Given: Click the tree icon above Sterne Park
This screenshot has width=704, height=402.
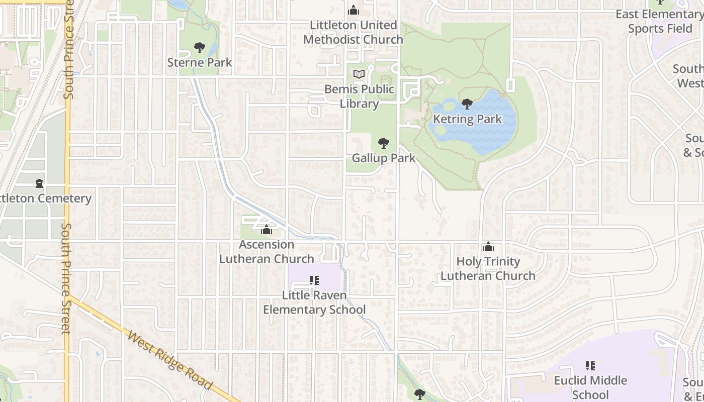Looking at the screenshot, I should point(200,48).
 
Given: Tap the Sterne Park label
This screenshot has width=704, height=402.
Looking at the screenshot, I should point(200,63).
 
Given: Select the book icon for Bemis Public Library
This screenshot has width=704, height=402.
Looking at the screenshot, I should point(359,74).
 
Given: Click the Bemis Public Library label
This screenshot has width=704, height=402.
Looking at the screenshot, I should point(359,96).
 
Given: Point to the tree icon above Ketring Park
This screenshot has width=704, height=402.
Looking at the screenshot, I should point(467,105).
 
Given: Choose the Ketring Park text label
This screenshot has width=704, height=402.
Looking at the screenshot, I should point(468,120).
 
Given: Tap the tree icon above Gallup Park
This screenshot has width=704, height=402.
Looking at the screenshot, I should point(384,143).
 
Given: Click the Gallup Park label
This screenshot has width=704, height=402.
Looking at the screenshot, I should point(384,158).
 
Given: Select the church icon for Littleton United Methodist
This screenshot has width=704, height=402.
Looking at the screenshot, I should point(354,10).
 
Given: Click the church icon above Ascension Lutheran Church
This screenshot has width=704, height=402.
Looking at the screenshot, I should point(267,230).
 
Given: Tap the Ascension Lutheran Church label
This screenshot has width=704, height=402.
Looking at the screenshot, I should point(267,252).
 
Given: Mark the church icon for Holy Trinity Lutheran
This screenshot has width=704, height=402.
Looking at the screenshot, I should point(488,247).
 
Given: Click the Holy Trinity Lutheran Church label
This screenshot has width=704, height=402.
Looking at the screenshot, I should point(488,269).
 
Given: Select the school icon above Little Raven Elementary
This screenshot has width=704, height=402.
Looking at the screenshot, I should point(314,280).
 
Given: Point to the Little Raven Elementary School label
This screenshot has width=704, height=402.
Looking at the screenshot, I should point(314,303).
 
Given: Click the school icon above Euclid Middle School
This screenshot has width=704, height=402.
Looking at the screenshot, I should point(590,365).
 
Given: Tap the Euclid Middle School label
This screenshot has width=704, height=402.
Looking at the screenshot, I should point(590,387).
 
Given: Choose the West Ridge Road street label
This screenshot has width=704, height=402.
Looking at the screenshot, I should point(169,360).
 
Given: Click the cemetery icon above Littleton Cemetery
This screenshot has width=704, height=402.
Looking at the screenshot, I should point(39,183).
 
